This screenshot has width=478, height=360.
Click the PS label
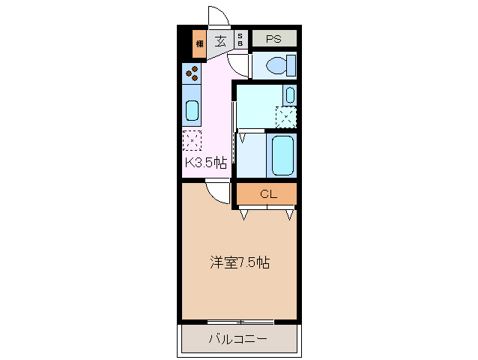(x=273, y=38)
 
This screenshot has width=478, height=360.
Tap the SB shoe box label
(x=240, y=40)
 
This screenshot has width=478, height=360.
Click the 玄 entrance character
(x=221, y=40)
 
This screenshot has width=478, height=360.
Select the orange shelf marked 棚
(x=199, y=42)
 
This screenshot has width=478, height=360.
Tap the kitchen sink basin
(x=192, y=111)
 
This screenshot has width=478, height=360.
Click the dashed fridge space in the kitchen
(x=193, y=140)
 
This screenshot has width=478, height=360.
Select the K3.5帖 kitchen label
(x=205, y=163)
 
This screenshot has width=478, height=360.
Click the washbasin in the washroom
(x=289, y=95)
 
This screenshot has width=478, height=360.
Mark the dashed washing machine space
(x=286, y=118)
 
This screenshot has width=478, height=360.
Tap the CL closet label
(x=268, y=194)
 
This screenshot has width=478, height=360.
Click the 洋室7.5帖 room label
(x=240, y=262)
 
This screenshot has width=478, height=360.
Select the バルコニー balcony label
(x=237, y=339)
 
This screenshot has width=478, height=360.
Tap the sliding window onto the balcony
(x=240, y=322)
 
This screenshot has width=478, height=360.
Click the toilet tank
(x=291, y=65)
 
